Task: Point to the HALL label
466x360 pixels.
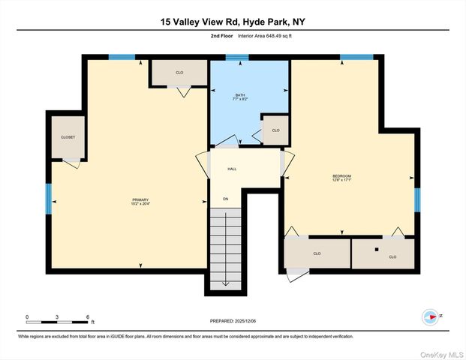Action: point(233,169)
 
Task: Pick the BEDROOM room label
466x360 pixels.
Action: point(341,176)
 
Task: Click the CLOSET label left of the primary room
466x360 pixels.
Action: point(68,137)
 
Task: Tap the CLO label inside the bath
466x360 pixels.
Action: point(275,130)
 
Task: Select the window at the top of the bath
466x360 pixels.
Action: point(237,57)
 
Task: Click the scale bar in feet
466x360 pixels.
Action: point(57,322)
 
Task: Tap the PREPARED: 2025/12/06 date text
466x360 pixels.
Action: point(233,320)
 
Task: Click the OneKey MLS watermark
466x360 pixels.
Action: point(442,352)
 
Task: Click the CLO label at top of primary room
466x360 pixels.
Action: point(179,73)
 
